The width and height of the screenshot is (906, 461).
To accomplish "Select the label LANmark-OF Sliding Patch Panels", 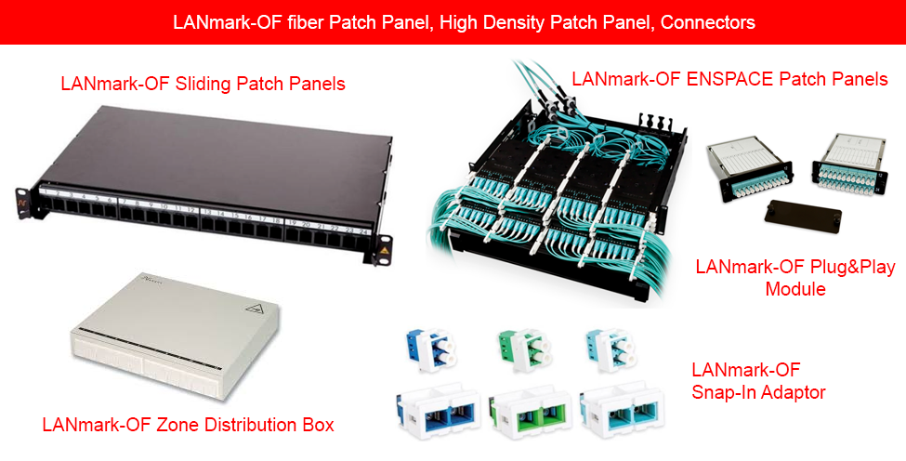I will tap(203, 84).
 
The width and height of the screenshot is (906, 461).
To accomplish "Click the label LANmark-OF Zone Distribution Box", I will tap(188, 425).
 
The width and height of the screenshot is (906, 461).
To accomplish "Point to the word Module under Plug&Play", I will tap(794, 289).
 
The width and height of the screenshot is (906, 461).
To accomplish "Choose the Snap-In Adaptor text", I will tap(758, 392).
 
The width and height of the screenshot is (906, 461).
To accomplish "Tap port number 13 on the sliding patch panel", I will tap(205, 212).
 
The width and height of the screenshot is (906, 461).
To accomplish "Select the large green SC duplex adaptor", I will tap(525, 410).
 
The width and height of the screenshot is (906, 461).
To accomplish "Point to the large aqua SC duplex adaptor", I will tap(618, 410).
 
